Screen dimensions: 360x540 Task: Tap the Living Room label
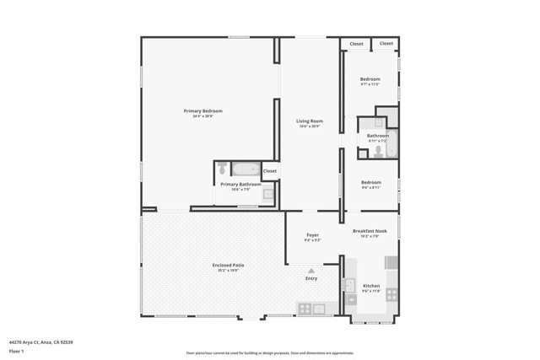point(310,121)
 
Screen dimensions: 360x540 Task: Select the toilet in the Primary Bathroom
point(223,169)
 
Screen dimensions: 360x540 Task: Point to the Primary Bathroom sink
point(268,195)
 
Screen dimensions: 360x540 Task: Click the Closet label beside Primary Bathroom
point(269,171)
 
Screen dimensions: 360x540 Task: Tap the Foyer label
point(312,235)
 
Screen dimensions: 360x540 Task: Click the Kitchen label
point(371,287)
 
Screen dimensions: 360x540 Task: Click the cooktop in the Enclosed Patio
point(305,309)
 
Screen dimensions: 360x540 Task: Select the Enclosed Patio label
point(228,266)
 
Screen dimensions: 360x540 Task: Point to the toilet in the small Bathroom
point(378,151)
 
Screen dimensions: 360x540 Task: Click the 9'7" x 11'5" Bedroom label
point(370,79)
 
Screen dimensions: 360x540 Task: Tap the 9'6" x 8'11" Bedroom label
point(371,183)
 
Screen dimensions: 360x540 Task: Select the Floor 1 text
point(16,350)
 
